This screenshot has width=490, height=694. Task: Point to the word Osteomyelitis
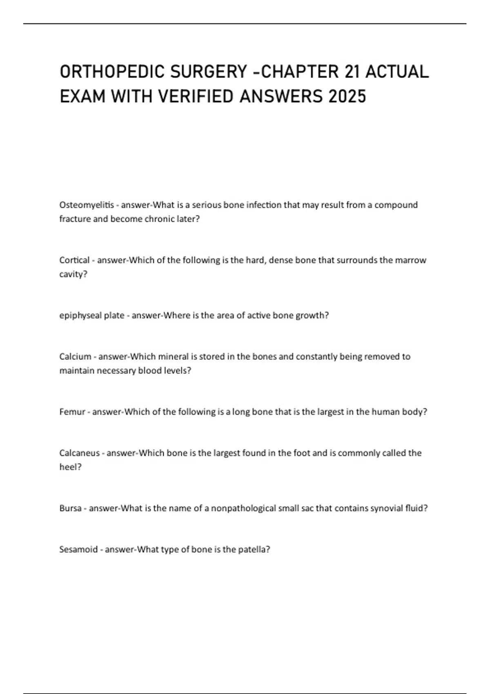[x=87, y=205]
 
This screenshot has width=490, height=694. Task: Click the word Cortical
[x=74, y=260]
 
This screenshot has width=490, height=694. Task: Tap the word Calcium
[x=75, y=356]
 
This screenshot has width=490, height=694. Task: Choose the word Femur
[x=72, y=412]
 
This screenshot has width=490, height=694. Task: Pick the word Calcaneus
[x=79, y=453]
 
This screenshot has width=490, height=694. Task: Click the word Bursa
[x=70, y=508]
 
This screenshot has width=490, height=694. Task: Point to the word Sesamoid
[x=78, y=549]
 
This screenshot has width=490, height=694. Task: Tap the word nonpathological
[x=243, y=508]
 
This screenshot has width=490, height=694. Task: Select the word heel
[x=69, y=467]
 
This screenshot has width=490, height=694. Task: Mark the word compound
[x=396, y=205]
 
